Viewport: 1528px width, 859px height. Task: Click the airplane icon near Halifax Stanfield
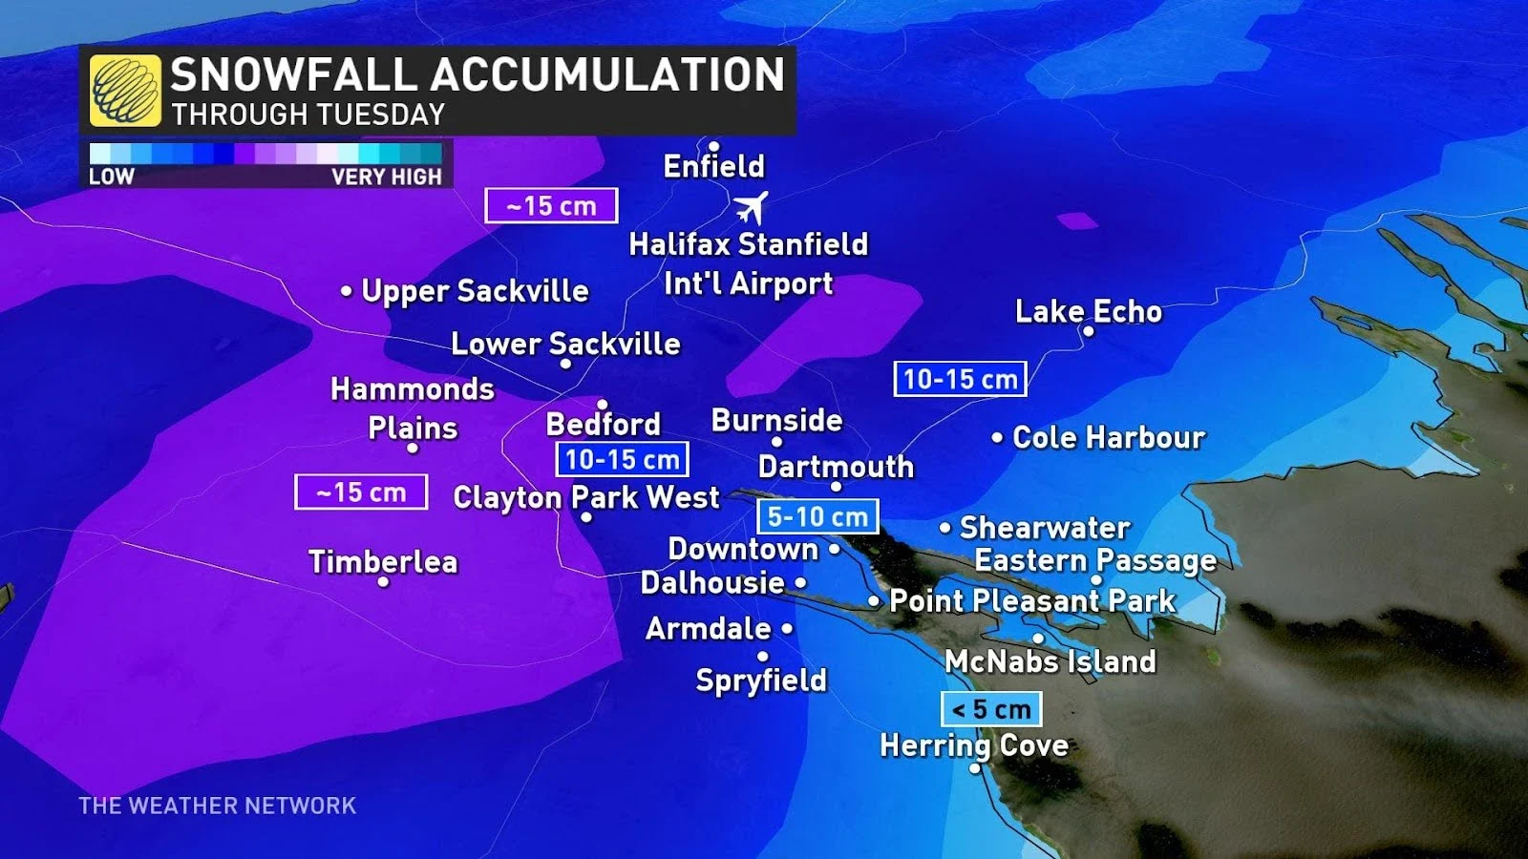point(751,206)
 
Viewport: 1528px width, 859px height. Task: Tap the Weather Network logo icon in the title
point(125,91)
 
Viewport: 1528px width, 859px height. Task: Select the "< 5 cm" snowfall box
point(991,709)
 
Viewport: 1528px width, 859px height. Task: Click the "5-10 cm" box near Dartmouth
point(817,516)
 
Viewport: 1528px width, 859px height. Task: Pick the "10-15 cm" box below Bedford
point(622,459)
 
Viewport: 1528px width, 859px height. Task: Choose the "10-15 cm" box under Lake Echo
point(960,379)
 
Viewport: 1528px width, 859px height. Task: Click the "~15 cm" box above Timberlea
point(361,492)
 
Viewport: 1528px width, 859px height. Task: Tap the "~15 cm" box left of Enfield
point(551,205)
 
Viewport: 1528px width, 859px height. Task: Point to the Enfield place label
point(714,166)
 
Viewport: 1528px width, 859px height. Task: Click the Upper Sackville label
point(475,290)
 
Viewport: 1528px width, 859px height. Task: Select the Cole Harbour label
point(1108,437)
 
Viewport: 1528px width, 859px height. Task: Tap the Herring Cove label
point(974,744)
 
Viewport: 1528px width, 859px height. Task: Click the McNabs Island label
point(1050,660)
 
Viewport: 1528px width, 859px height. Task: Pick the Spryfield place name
point(761,680)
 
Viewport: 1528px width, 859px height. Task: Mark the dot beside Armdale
point(787,628)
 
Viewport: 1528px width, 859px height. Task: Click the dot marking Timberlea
point(383,581)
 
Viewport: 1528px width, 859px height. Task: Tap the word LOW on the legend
point(112,177)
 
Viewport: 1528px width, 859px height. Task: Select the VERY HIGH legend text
point(387,177)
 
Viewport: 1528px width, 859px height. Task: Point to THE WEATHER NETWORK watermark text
point(218,806)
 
